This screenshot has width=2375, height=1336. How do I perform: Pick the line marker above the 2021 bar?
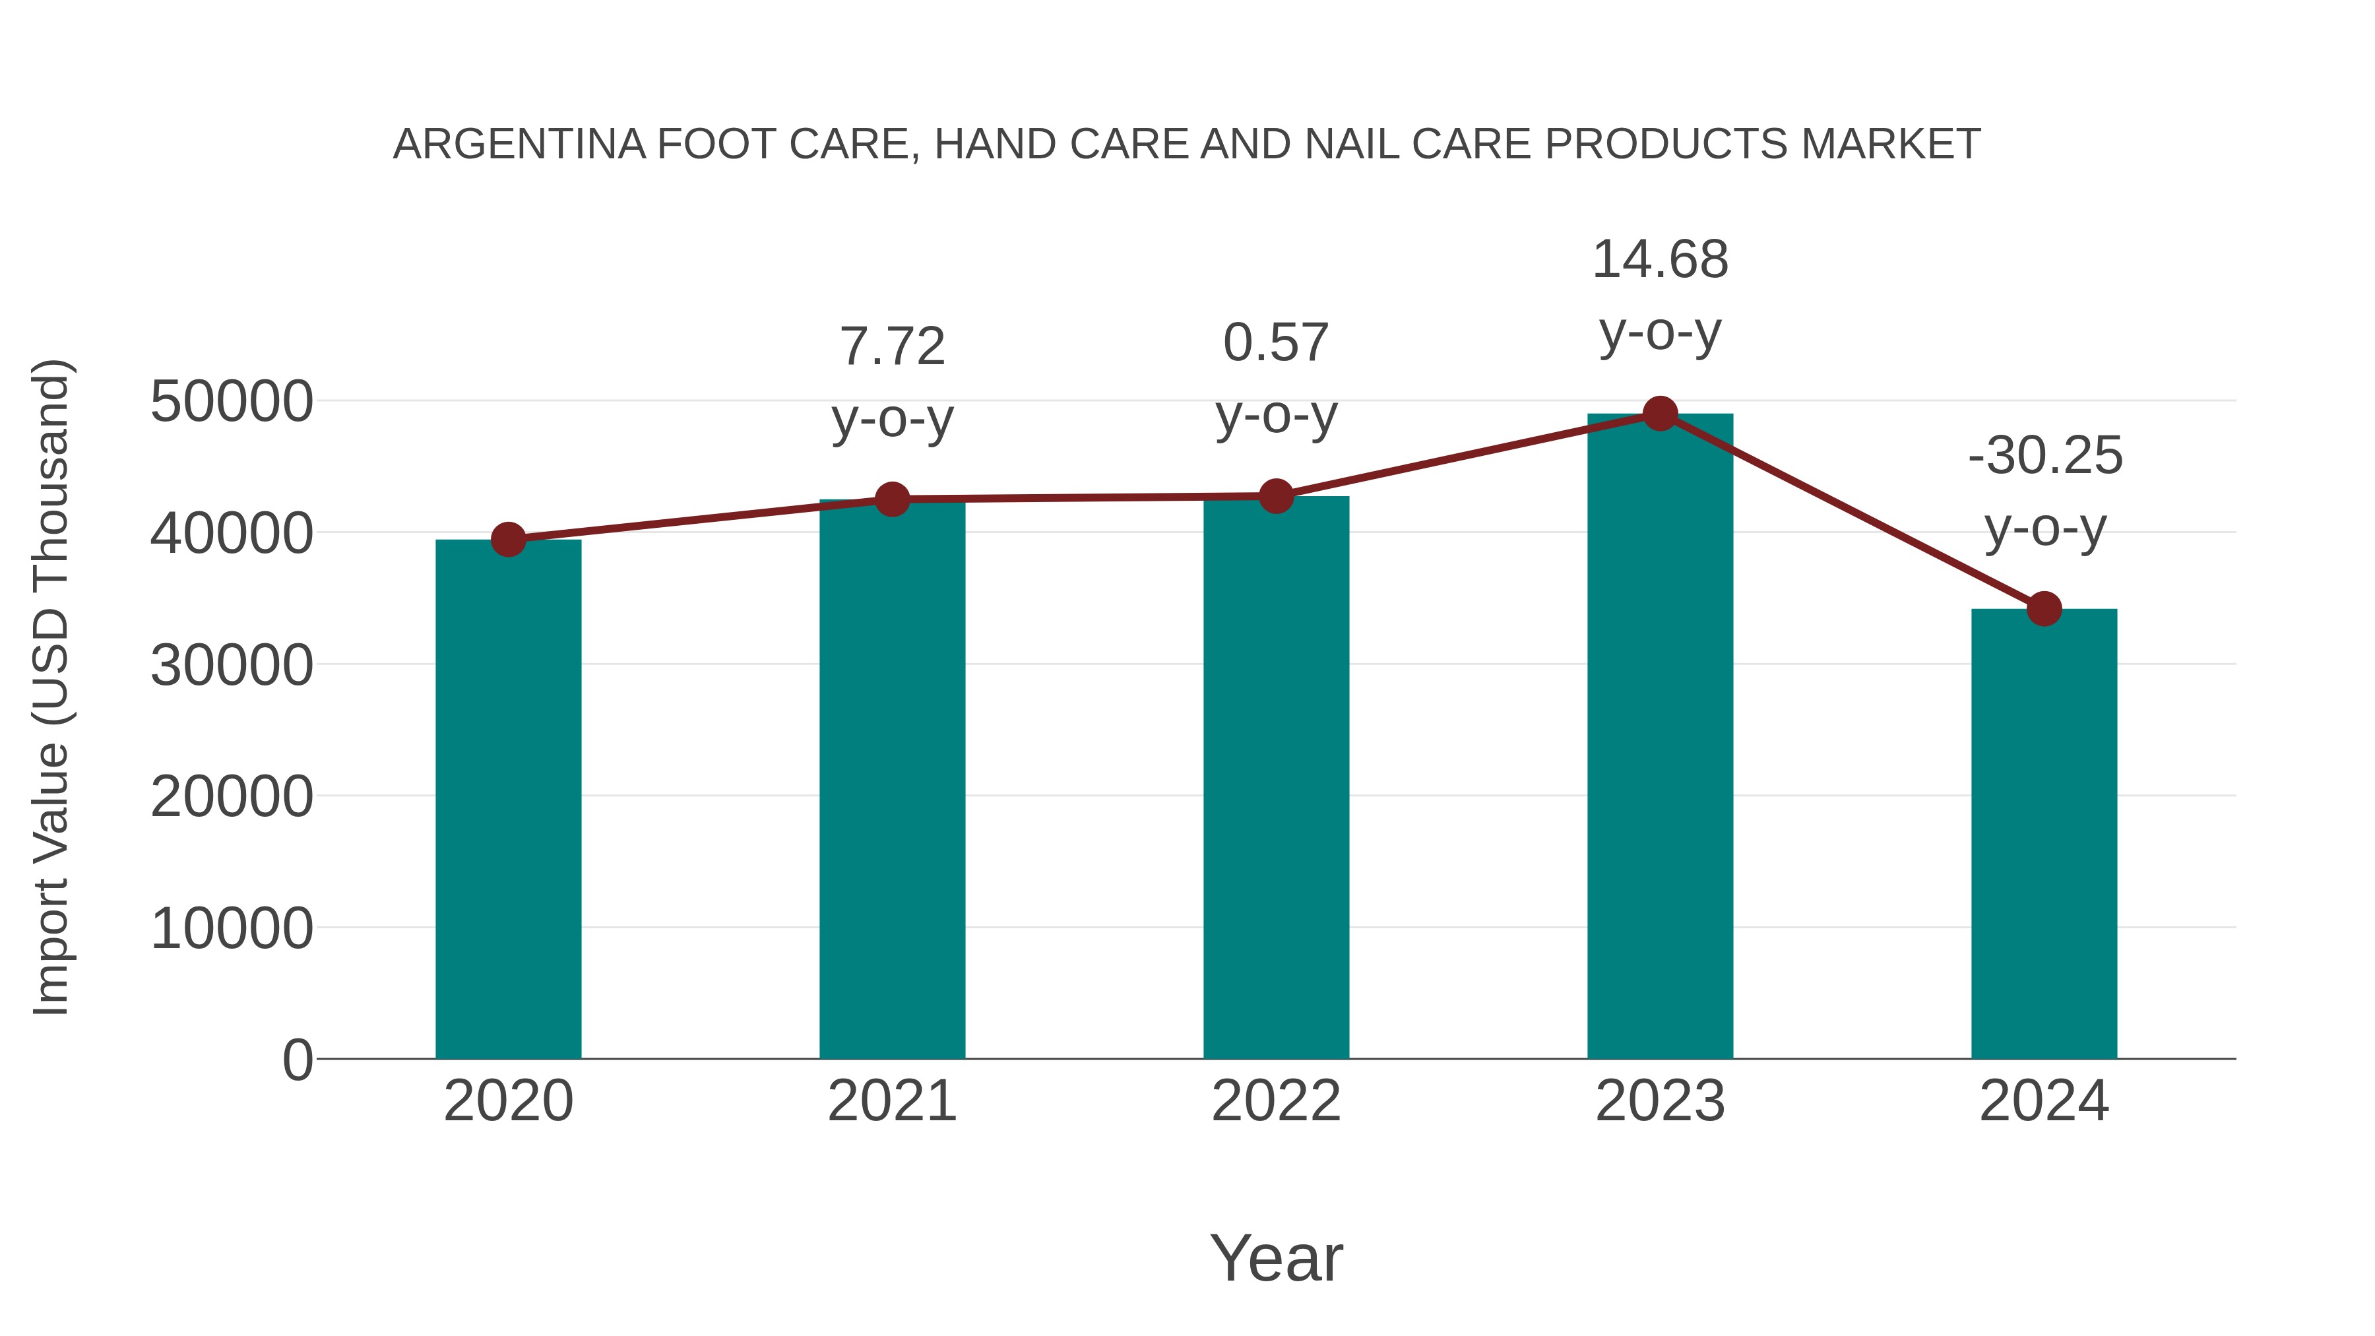[x=891, y=499]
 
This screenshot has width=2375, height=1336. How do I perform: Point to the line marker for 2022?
[x=1276, y=496]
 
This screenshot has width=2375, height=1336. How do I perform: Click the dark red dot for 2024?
[x=2044, y=608]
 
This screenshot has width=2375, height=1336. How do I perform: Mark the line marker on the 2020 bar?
[x=508, y=540]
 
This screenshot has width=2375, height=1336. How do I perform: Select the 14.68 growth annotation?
[x=1660, y=260]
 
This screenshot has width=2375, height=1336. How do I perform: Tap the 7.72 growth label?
[x=891, y=348]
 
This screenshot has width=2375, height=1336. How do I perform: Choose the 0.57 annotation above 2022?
[x=1276, y=343]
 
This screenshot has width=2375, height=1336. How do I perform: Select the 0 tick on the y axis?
[x=297, y=1060]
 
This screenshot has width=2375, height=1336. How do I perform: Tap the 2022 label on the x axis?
[x=1276, y=1101]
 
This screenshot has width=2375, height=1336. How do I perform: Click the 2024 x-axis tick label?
[x=2044, y=1101]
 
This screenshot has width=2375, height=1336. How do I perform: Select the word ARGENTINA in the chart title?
[x=519, y=144]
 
